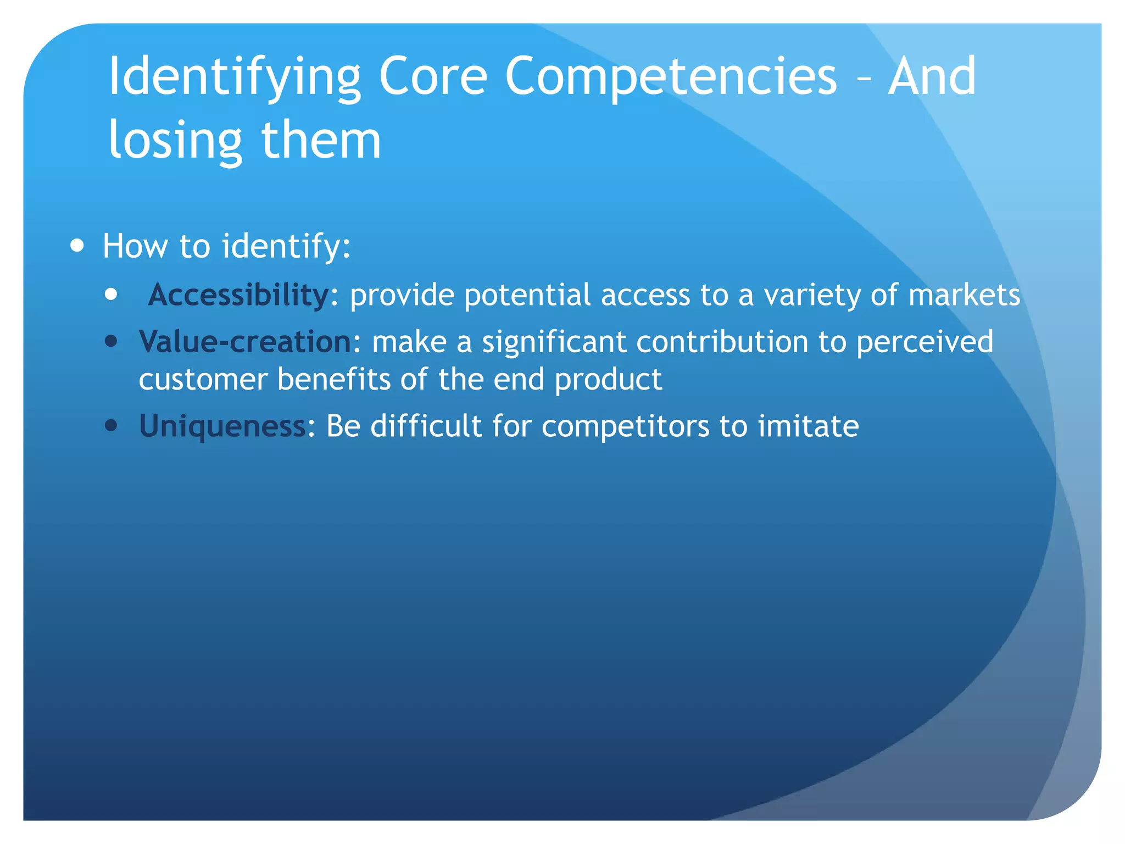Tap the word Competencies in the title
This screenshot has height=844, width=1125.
click(x=670, y=77)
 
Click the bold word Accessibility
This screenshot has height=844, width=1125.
click(x=238, y=295)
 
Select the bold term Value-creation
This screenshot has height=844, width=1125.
click(x=245, y=342)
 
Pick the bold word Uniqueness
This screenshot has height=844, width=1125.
click(x=222, y=426)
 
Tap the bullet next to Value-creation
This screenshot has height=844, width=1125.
click(x=112, y=342)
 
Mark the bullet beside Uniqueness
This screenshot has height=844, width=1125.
click(x=112, y=426)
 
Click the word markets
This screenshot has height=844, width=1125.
click(x=964, y=295)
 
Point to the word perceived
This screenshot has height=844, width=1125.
click(x=924, y=342)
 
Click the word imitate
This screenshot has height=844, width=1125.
click(x=808, y=426)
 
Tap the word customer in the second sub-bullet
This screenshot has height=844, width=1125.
click(x=203, y=380)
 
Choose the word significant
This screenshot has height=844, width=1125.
click(x=554, y=342)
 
